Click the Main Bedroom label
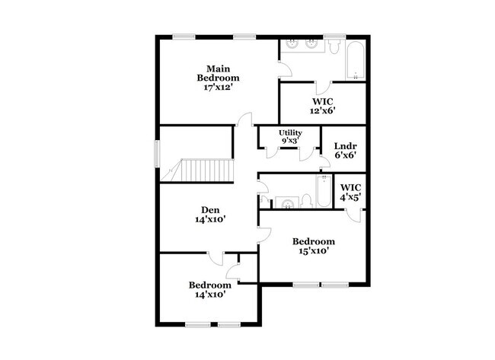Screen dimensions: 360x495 click(x=218, y=72)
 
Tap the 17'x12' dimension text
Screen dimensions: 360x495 click(x=218, y=88)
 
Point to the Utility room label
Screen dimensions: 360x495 click(x=291, y=133)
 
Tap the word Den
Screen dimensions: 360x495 click(x=209, y=209)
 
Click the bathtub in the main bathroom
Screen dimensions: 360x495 click(x=356, y=61)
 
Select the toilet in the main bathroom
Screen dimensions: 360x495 click(x=334, y=47)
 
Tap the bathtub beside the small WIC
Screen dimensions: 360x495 click(x=323, y=190)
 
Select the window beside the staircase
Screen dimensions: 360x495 click(x=158, y=153)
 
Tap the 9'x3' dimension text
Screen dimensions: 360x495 click(x=291, y=142)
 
